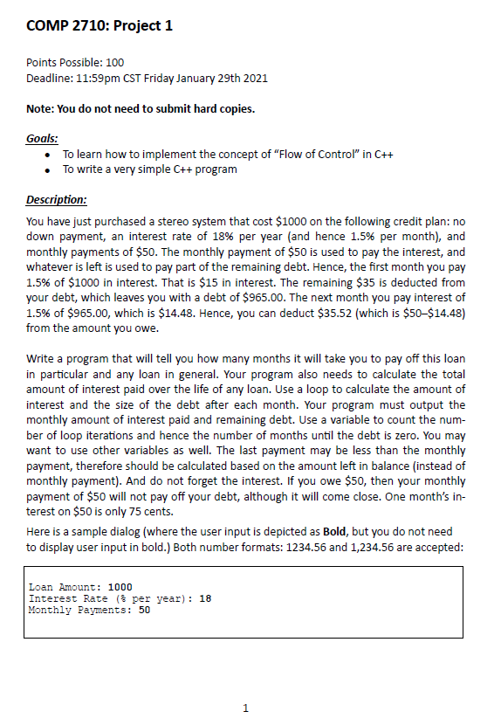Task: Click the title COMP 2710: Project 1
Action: pos(100,25)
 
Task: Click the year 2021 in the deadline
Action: pos(253,79)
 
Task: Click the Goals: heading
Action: pos(43,138)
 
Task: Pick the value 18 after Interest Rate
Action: pos(204,598)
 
